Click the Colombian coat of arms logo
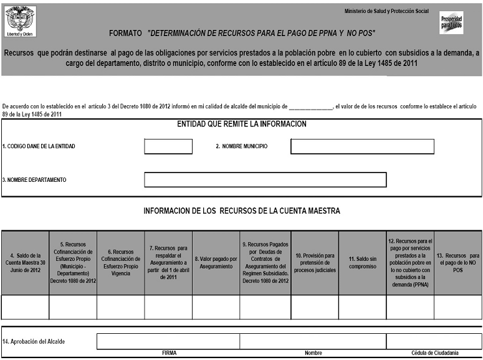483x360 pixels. pyautogui.click(x=21, y=21)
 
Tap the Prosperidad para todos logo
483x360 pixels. pyautogui.click(x=451, y=22)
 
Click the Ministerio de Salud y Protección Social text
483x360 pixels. pyautogui.click(x=386, y=11)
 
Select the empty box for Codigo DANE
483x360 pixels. pyautogui.click(x=168, y=146)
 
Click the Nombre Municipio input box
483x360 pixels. pyautogui.click(x=362, y=146)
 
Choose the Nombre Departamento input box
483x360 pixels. pyautogui.click(x=265, y=179)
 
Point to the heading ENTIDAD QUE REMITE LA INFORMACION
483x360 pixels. pyautogui.click(x=242, y=124)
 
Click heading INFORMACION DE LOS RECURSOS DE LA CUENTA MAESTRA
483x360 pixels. pyautogui.click(x=242, y=211)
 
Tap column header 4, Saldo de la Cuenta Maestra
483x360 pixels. pyautogui.click(x=25, y=263)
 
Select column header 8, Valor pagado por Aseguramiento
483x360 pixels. pyautogui.click(x=216, y=263)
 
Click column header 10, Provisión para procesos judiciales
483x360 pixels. pyautogui.click(x=315, y=263)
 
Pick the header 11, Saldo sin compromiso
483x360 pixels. pyautogui.click(x=362, y=263)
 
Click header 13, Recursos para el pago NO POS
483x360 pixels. pyautogui.click(x=458, y=263)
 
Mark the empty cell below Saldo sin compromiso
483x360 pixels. pyautogui.click(x=362, y=307)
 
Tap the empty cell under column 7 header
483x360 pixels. pyautogui.click(x=168, y=307)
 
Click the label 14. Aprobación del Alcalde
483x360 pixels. pyautogui.click(x=34, y=341)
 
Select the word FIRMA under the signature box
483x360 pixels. pyautogui.click(x=168, y=353)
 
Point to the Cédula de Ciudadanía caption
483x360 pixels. pyautogui.click(x=434, y=353)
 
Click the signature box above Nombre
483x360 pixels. pyautogui.click(x=313, y=341)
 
